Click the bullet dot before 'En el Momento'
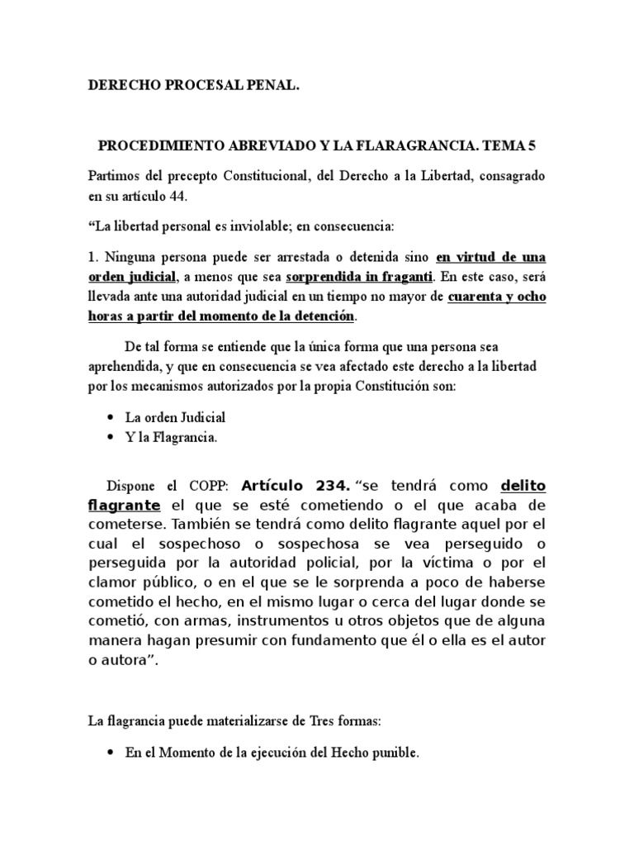tap(111, 753)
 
